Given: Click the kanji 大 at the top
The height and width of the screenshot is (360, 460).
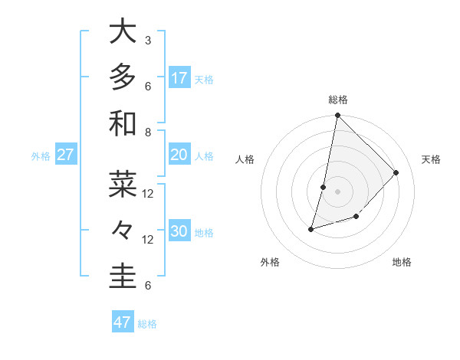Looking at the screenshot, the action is [x=123, y=32].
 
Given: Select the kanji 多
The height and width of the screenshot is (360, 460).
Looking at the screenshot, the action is [x=123, y=78].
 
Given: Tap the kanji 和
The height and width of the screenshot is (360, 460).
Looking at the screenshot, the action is [x=123, y=124].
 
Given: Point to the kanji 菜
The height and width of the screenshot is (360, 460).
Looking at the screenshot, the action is [x=123, y=185].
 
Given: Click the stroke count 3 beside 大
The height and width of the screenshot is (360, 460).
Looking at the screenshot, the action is [x=148, y=40].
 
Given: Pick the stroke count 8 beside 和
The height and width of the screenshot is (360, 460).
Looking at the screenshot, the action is [x=148, y=132].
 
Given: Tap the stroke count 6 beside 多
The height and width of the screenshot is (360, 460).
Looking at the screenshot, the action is [x=148, y=86].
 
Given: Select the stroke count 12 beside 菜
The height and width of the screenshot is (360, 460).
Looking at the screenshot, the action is [x=148, y=193].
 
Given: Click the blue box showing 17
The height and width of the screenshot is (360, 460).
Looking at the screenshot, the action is [x=179, y=78].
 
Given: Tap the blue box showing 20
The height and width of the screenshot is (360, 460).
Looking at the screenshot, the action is [x=179, y=155].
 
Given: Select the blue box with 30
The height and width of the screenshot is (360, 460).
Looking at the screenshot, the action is [x=179, y=231].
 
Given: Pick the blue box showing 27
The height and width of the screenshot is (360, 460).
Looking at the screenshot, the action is [x=66, y=155].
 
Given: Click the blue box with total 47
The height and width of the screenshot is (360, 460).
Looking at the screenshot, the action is [x=123, y=322].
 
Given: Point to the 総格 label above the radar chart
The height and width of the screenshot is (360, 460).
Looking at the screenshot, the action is [x=338, y=100].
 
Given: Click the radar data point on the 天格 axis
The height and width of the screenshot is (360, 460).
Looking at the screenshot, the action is [x=396, y=172].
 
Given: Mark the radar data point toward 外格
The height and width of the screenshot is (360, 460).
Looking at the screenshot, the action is [x=311, y=229].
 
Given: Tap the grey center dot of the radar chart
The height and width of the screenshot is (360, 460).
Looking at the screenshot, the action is [x=338, y=191].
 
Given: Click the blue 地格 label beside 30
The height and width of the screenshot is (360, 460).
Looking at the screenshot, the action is [x=204, y=232].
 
